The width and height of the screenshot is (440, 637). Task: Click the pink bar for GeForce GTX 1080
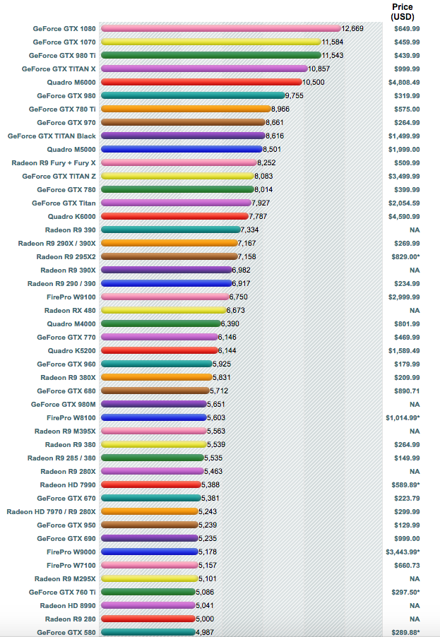click(x=221, y=28)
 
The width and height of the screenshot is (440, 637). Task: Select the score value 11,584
click(x=333, y=42)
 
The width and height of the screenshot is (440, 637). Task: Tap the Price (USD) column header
click(x=403, y=12)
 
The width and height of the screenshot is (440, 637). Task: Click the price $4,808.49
click(x=404, y=83)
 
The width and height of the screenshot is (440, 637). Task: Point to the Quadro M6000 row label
click(x=71, y=83)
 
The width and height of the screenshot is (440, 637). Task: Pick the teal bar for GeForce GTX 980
click(x=193, y=95)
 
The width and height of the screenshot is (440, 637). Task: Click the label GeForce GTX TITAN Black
click(x=52, y=136)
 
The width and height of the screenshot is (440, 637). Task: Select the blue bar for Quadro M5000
click(x=182, y=149)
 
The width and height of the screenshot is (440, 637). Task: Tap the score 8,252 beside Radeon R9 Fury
click(x=266, y=162)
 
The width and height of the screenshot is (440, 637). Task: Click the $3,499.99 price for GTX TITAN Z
click(x=404, y=177)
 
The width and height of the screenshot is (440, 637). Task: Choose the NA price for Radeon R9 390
click(x=415, y=230)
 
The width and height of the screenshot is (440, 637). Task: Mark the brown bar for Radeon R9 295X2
click(x=169, y=256)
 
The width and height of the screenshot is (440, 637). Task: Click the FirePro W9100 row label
click(x=71, y=297)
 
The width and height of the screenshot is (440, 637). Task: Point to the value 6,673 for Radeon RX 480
click(x=236, y=310)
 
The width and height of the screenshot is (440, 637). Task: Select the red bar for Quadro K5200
click(x=159, y=350)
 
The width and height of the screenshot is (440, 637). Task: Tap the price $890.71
click(x=407, y=391)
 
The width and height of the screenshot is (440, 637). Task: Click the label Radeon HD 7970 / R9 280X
click(x=51, y=512)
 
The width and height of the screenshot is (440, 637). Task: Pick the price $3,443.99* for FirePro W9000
click(x=403, y=552)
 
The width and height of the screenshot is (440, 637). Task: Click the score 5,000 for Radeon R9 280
click(x=205, y=619)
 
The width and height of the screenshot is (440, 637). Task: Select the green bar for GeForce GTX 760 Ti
click(x=148, y=592)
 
